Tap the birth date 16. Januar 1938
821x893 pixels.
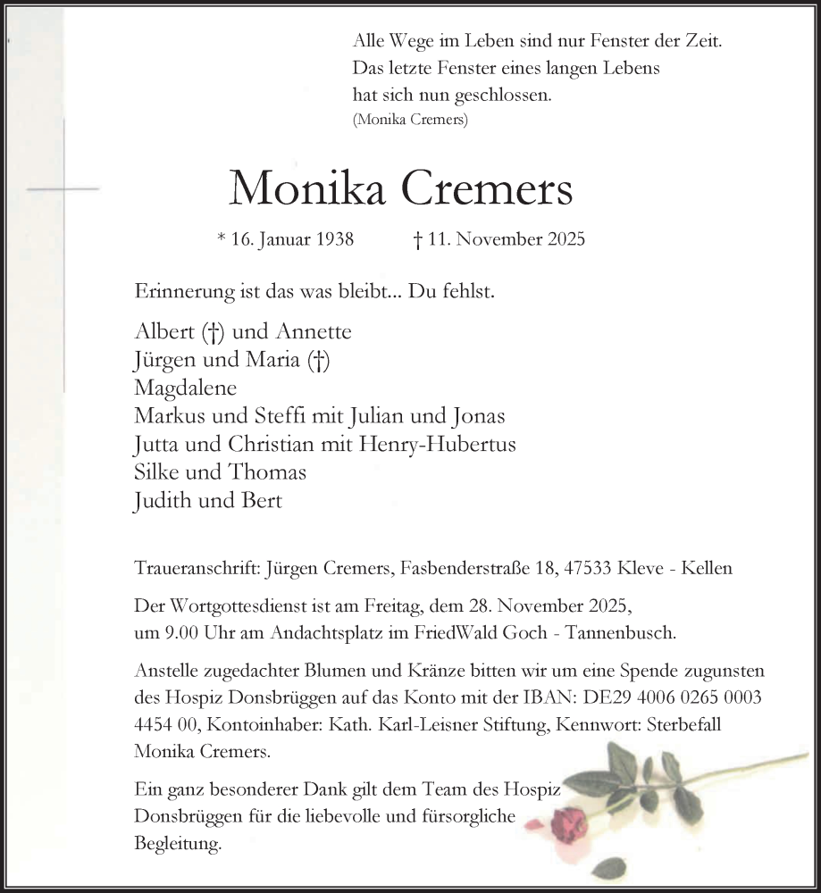coord(285,239)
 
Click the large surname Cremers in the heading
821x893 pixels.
coord(488,188)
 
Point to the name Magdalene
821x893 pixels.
coord(186,388)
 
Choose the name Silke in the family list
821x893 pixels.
coord(155,472)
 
